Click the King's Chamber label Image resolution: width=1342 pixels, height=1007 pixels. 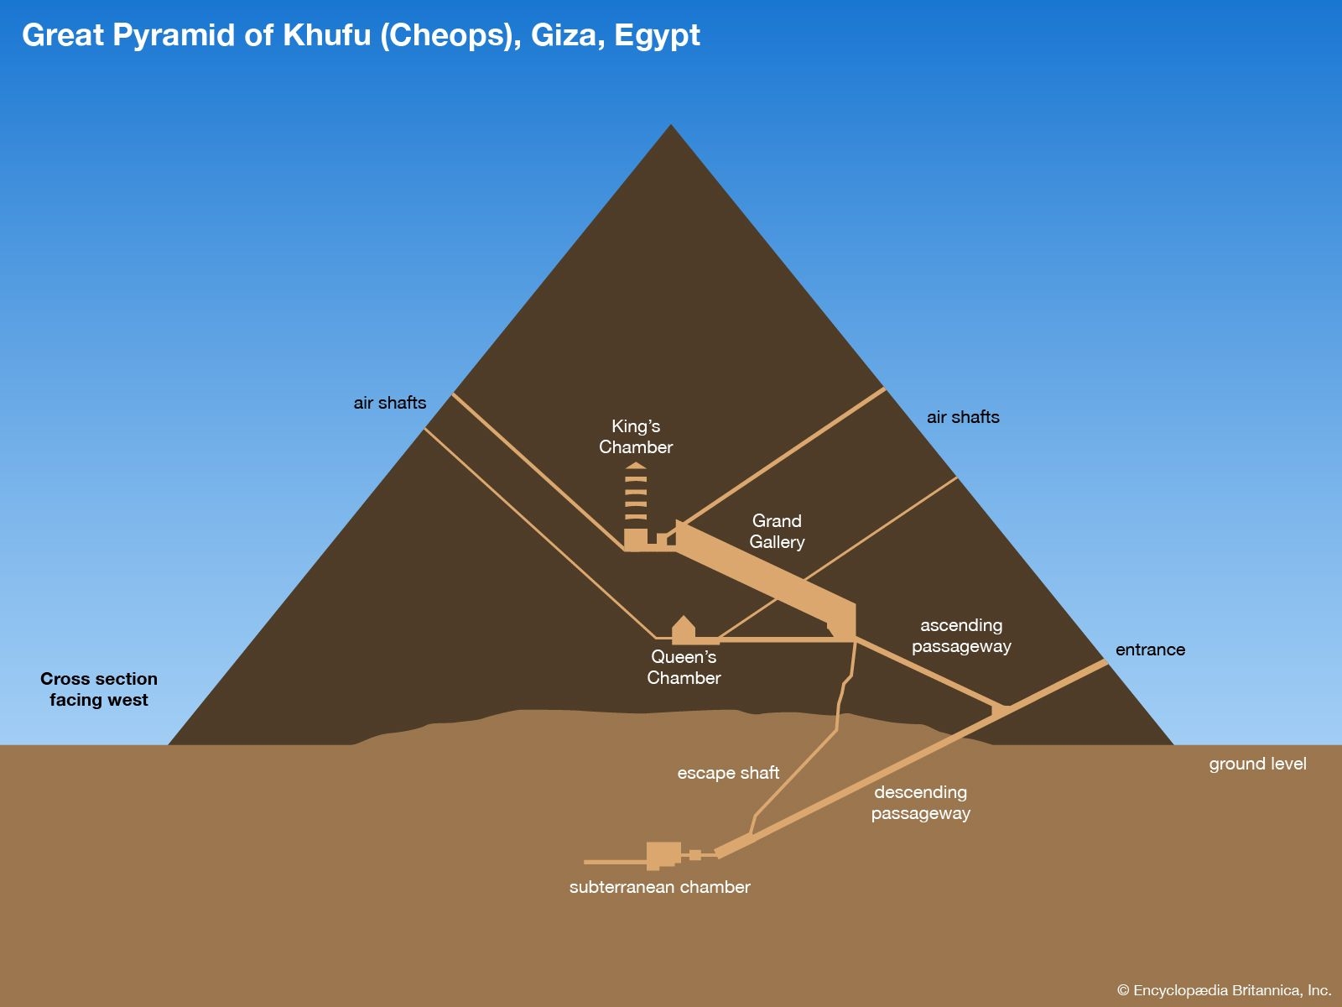click(x=636, y=437)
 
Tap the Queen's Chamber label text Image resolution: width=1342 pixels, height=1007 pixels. click(x=684, y=667)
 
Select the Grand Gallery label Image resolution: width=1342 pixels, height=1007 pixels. click(x=777, y=531)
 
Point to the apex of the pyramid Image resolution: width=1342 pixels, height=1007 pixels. click(x=671, y=127)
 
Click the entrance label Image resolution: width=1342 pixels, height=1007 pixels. click(x=1150, y=650)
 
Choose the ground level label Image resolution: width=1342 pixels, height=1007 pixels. click(x=1257, y=764)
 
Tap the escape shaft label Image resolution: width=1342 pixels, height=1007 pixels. click(x=728, y=773)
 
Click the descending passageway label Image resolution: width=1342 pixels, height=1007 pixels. click(x=920, y=802)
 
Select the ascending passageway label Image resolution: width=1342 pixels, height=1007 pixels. click(x=961, y=636)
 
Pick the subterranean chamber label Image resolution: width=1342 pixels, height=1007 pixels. click(x=659, y=887)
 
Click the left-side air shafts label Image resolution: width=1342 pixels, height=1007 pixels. click(x=389, y=403)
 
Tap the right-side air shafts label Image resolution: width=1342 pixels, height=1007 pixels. click(x=963, y=417)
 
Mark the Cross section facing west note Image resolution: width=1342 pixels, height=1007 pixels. click(x=99, y=689)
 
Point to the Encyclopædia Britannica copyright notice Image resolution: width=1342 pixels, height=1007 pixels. click(x=1224, y=990)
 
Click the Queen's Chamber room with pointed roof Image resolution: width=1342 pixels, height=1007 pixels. click(x=684, y=631)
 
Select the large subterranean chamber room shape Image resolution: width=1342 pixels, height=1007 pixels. click(x=663, y=855)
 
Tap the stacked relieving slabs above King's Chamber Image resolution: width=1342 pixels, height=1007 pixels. click(x=636, y=495)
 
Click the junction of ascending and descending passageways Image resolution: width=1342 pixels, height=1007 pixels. click(x=1000, y=710)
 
